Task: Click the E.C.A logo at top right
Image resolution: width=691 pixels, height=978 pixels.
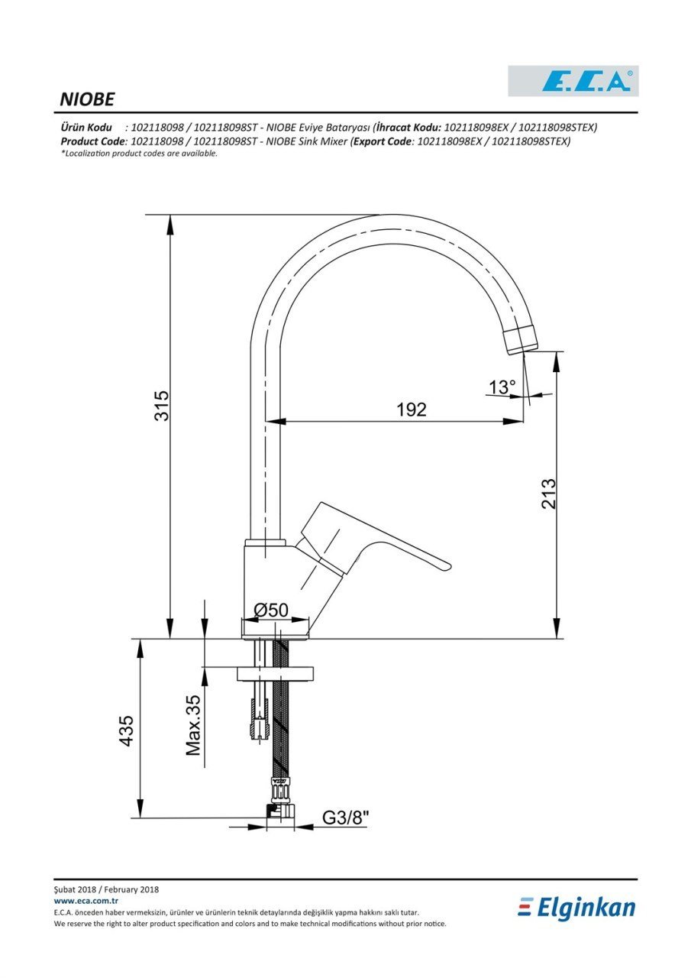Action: (x=573, y=81)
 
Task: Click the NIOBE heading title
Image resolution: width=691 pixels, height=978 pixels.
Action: (x=87, y=99)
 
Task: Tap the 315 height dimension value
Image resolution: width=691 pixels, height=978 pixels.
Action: (x=162, y=406)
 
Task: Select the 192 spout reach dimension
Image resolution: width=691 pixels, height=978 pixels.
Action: (x=411, y=410)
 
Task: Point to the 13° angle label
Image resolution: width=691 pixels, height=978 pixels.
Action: (x=502, y=387)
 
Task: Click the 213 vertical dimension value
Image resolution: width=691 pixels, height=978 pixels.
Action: (x=549, y=494)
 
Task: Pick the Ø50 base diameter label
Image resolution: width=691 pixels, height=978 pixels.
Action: (x=271, y=610)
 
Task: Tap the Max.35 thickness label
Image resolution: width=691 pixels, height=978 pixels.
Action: (x=193, y=725)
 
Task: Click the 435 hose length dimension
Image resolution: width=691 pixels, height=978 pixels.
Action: (x=126, y=731)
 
